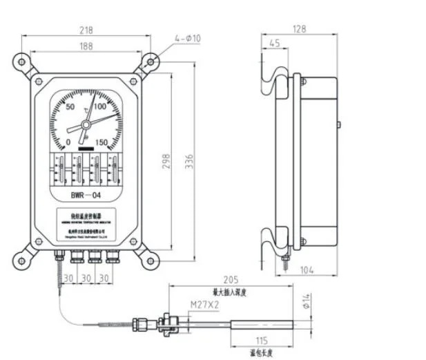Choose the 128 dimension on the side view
point(298,29)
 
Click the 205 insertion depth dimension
point(231,280)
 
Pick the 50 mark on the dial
point(70,107)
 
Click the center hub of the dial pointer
point(85,124)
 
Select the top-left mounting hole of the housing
point(22,62)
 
